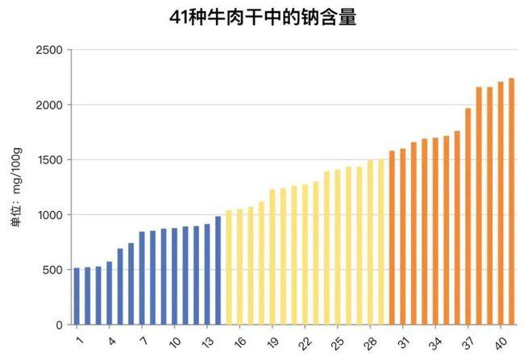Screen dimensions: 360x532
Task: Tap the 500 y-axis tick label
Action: click(52, 270)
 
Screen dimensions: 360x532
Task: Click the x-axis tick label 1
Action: click(78, 341)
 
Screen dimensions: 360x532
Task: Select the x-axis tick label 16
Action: click(240, 341)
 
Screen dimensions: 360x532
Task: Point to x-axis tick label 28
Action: click(371, 341)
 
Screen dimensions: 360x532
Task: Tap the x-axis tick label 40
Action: click(500, 341)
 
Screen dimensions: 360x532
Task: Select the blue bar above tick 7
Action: click(142, 279)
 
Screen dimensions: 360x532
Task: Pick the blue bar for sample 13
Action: click(207, 275)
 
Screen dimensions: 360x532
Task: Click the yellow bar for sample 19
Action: click(272, 257)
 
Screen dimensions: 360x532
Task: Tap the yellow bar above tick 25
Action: click(338, 247)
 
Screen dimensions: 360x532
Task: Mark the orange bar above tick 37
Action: click(468, 217)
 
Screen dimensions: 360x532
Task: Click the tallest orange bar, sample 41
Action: click(512, 201)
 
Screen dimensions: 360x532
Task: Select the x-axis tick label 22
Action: click(305, 341)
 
